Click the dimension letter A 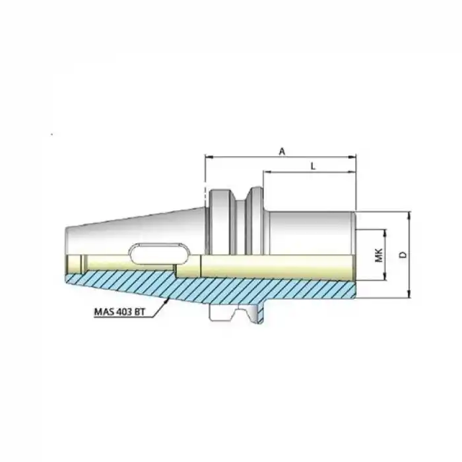pyautogui.click(x=282, y=151)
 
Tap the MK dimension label pyautogui.click(x=378, y=255)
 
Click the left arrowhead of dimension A pyautogui.click(x=209, y=157)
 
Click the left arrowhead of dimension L pyautogui.click(x=266, y=173)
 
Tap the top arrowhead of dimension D pyautogui.click(x=410, y=215)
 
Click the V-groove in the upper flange pyautogui.click(x=242, y=199)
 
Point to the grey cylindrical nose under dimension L pyautogui.click(x=310, y=231)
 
